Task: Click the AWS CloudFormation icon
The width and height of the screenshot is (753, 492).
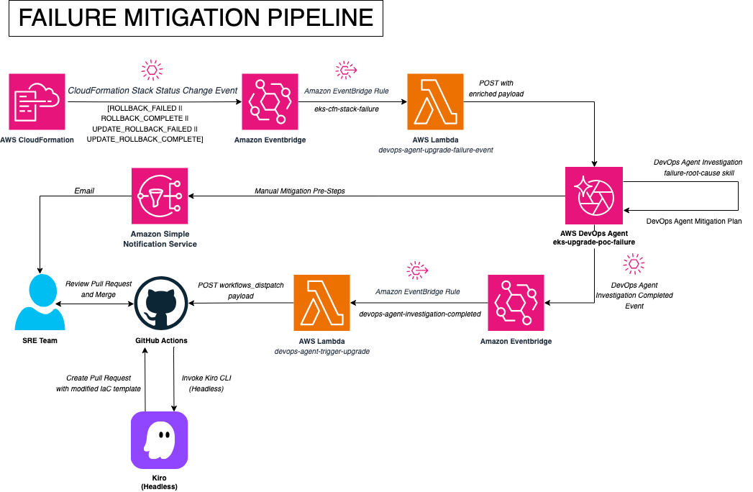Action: click(37, 101)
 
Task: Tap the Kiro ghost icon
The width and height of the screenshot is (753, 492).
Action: click(160, 440)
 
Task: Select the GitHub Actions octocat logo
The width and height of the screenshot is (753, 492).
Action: click(161, 303)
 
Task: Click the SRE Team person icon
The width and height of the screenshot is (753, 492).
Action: click(40, 302)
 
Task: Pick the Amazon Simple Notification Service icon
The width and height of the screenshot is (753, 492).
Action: click(160, 196)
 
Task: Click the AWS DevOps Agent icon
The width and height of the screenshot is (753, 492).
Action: click(594, 196)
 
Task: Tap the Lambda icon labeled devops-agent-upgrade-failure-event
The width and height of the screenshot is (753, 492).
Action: click(436, 101)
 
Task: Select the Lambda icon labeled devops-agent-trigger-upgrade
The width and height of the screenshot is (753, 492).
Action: click(321, 303)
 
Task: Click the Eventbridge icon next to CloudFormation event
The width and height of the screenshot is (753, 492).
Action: click(270, 101)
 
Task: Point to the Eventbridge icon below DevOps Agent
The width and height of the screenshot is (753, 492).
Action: click(516, 303)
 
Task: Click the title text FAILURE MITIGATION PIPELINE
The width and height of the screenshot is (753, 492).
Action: click(196, 18)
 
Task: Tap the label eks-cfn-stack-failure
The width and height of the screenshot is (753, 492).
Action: click(347, 109)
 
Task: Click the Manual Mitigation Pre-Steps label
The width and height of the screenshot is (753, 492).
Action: click(300, 191)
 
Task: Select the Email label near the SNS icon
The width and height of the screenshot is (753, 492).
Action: click(84, 191)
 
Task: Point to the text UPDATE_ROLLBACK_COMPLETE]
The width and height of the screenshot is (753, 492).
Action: click(145, 140)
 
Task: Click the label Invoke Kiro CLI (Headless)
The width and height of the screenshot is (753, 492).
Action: click(206, 383)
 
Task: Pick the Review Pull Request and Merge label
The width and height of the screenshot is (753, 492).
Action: click(99, 288)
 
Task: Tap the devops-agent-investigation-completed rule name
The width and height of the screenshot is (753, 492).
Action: click(420, 314)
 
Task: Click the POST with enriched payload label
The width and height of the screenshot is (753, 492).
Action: click(496, 88)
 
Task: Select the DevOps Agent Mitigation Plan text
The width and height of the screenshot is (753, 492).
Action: click(694, 221)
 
